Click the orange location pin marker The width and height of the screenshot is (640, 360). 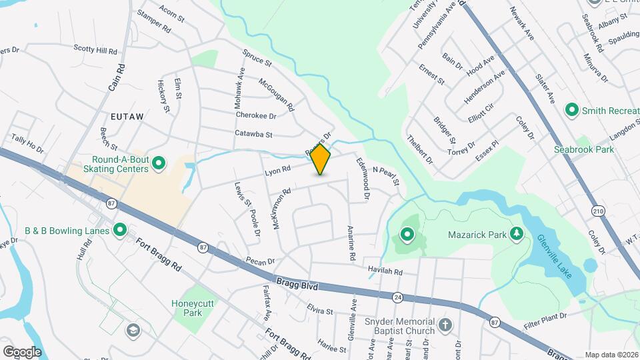click(320, 159)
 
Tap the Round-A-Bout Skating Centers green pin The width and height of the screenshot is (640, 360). click(159, 163)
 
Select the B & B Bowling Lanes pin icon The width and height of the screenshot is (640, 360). click(120, 231)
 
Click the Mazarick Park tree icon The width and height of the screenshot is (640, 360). click(515, 233)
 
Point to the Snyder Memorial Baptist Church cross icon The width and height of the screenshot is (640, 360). click(445, 326)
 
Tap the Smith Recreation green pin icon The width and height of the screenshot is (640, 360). click(571, 109)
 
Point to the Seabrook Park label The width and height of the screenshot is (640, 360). click(584, 149)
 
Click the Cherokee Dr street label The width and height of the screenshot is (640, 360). click(256, 115)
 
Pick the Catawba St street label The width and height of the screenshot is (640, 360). click(254, 134)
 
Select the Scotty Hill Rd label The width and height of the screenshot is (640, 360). click(95, 49)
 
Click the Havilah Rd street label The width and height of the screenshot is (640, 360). click(385, 271)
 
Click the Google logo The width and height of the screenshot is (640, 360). click(22, 351)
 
